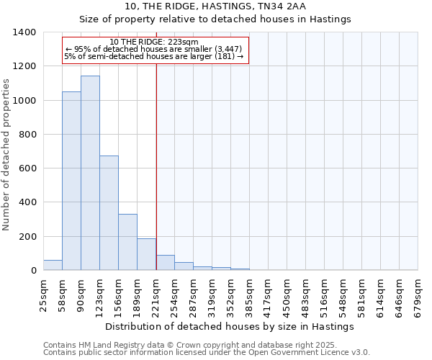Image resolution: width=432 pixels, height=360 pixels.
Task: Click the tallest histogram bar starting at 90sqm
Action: point(90,173)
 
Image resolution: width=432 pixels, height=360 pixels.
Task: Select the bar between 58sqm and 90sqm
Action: point(71,181)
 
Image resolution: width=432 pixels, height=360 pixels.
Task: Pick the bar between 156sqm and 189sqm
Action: point(127,242)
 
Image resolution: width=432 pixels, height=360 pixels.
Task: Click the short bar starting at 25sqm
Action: point(53,265)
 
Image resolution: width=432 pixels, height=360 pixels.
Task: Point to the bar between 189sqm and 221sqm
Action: point(146,254)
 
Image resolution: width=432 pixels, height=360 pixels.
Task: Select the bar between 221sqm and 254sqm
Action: point(165,263)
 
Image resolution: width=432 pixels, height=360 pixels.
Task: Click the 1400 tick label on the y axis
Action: point(24,32)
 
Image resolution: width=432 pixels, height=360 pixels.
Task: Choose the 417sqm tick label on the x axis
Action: point(269,296)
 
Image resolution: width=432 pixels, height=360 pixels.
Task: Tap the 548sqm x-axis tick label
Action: point(343,296)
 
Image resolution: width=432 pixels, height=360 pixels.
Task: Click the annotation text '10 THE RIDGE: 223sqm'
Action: point(155,42)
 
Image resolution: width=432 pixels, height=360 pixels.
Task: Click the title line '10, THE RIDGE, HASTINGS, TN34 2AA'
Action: point(215,6)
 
